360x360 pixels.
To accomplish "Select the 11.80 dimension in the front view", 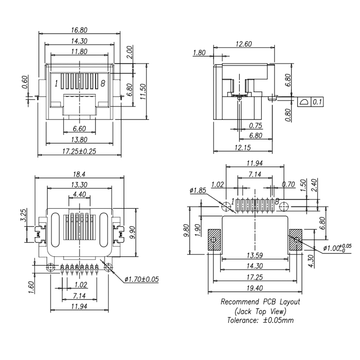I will tap(79, 51).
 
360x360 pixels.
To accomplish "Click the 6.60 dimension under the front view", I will tap(79, 129).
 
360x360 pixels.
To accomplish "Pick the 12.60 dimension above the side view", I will tap(243, 44).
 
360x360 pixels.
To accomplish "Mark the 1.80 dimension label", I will tap(200, 53).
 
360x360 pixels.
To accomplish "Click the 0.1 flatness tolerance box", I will tap(317, 102).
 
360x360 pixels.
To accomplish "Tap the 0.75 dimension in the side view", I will tap(256, 126).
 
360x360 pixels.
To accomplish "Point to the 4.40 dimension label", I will tap(79, 194).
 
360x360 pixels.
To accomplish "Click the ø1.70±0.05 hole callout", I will tap(142, 279).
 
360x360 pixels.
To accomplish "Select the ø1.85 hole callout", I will tap(198, 191).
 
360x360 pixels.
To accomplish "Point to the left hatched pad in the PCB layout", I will tap(214, 240).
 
